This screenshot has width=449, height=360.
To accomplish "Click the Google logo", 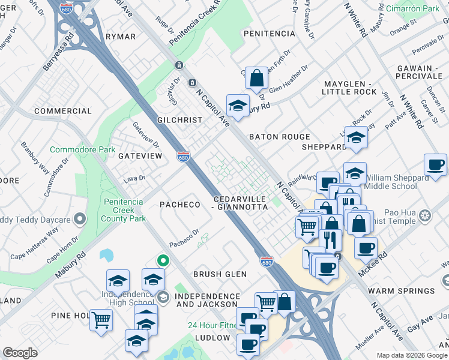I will pyautogui.click(x=20, y=353).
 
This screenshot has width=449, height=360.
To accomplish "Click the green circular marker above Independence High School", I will pyautogui.click(x=161, y=260).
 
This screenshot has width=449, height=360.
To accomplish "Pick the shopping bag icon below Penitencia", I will pyautogui.click(x=256, y=78).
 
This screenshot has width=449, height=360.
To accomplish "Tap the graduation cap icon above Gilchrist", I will pyautogui.click(x=238, y=106).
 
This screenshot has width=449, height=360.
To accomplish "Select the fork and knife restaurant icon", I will pyautogui.click(x=330, y=239).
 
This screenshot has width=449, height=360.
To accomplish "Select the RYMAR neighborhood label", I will pyautogui.click(x=120, y=37).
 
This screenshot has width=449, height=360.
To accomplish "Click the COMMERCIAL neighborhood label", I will pyautogui.click(x=62, y=111).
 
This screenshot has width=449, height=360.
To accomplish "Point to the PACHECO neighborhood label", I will pyautogui.click(x=179, y=205).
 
